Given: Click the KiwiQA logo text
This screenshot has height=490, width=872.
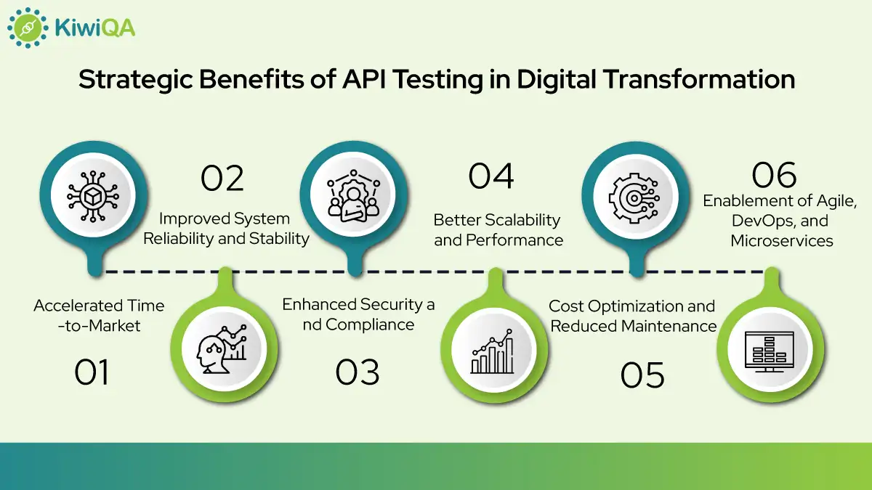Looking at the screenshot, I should coord(94,28).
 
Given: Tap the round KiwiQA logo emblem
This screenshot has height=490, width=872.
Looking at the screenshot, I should coord(28,28).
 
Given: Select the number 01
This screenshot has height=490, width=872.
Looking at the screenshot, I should coord(92,372).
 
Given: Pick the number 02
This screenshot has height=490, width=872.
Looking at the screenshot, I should coord(222,179).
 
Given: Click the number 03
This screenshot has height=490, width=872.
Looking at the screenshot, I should coord(358,372).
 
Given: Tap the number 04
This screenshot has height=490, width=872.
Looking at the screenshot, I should coord(491,176).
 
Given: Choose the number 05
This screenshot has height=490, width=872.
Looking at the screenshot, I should coord(643,375).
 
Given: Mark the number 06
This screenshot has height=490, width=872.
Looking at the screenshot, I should coord(775,176).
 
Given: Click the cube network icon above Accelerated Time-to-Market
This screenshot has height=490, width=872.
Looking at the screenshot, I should coord(92,195).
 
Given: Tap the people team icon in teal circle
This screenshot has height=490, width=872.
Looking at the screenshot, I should coord(353,195).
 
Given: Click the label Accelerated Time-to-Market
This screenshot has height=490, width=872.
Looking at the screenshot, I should coord(99,316).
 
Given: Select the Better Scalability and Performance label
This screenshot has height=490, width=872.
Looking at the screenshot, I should coord(498,229).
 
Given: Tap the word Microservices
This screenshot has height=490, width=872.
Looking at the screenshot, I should coord(782,240).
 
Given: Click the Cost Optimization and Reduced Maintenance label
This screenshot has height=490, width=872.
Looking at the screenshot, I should coord(632,316).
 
